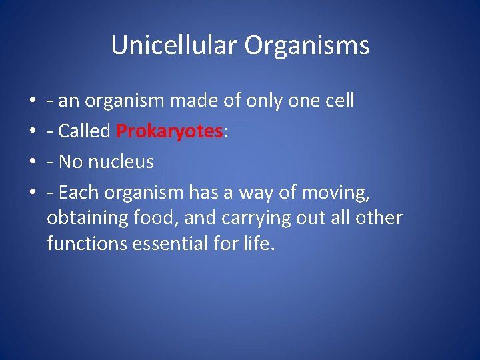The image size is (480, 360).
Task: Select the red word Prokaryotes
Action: click(x=170, y=131)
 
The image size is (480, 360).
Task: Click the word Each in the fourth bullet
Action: click(x=75, y=193)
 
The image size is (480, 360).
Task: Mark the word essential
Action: click(x=170, y=244)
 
